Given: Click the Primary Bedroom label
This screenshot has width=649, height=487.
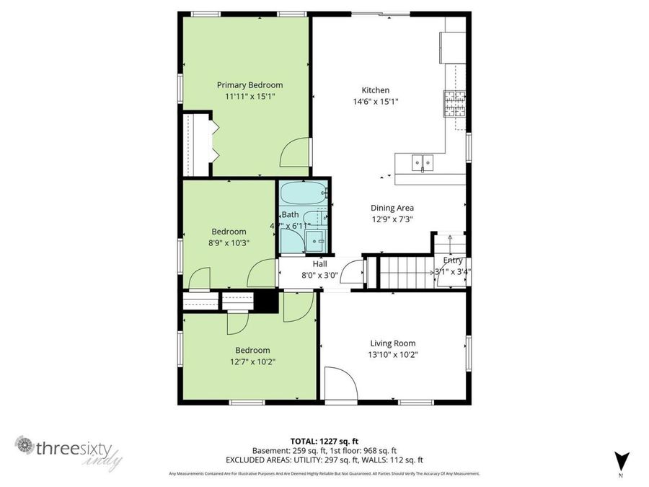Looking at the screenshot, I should tap(250, 85).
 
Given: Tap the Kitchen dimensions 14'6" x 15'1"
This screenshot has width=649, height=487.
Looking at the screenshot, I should tap(374, 102).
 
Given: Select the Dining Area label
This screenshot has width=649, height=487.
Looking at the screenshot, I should tap(392, 208).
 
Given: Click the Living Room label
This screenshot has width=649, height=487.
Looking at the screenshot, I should tap(393, 343).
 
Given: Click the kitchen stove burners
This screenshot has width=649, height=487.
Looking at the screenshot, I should tap(454, 105).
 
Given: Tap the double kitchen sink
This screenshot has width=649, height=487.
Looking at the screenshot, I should tap(423, 163).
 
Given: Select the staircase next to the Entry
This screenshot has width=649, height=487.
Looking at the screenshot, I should tap(405, 273).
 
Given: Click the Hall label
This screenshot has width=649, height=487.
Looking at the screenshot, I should tap(319, 264).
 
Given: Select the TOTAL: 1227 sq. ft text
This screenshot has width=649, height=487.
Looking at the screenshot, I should tap(324, 440).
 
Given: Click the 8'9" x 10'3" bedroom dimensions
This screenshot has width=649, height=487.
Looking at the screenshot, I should tap(228, 243).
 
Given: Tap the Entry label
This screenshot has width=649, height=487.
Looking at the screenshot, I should tap(453, 260).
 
